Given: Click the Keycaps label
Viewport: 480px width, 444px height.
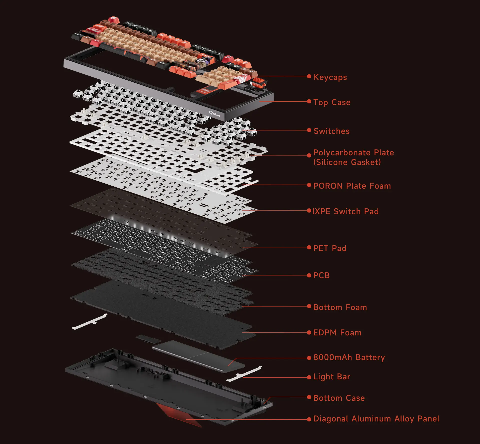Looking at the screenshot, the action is pos(330,77).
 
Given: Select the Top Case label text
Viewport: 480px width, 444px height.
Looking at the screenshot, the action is pos(332,102).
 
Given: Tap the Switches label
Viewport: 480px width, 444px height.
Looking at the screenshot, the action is pos(331,131).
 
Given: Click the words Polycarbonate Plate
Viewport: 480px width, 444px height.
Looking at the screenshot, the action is pos(353,153).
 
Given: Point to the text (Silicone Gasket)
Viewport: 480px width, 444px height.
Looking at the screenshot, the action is pos(347,162).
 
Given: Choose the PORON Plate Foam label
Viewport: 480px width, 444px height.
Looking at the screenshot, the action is pos(352,186).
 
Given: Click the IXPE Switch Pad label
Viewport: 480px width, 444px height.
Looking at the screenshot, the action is pos(345,212).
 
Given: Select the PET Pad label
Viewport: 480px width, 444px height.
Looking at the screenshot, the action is pos(330,248).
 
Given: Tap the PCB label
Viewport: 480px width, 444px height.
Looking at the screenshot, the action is pos(321,275).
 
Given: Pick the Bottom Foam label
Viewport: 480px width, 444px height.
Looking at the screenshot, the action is pos(340,308).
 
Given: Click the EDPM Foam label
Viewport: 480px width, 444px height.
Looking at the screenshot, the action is pos(337,333).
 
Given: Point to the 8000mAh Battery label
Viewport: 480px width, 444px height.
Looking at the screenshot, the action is pos(349,357).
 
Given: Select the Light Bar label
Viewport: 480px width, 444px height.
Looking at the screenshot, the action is pos(332,377).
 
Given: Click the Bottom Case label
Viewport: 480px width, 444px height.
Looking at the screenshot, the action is pos(339,398).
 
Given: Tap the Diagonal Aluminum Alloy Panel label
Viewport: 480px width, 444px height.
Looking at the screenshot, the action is pos(376,419).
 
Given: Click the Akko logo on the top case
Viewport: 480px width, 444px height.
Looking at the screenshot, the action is pos(214,114).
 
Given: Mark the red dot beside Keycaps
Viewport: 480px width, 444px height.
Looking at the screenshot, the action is pos(309,76).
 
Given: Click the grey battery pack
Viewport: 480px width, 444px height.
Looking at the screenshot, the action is pos(197,356).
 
